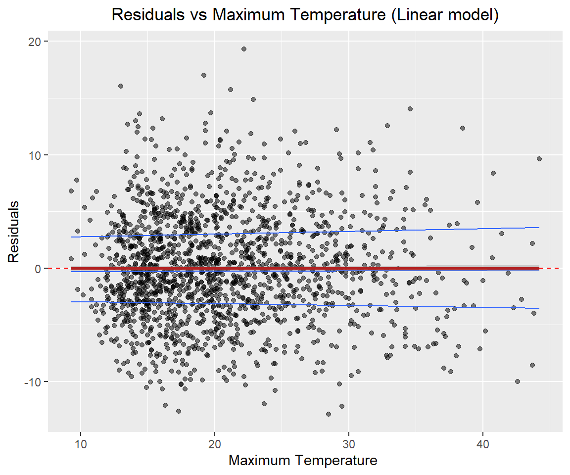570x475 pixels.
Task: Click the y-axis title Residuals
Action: coord(14,231)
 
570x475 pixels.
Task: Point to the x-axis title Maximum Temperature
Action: coord(303,461)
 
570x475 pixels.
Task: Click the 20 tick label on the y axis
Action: coord(34,42)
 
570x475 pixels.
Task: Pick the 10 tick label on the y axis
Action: coord(34,155)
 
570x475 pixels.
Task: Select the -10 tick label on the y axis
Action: coord(32,381)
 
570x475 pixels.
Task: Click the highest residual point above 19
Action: coord(244,48)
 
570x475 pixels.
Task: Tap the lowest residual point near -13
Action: coord(328,414)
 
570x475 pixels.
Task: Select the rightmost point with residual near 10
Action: coord(539,159)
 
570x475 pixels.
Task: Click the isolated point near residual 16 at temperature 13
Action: coord(120,86)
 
